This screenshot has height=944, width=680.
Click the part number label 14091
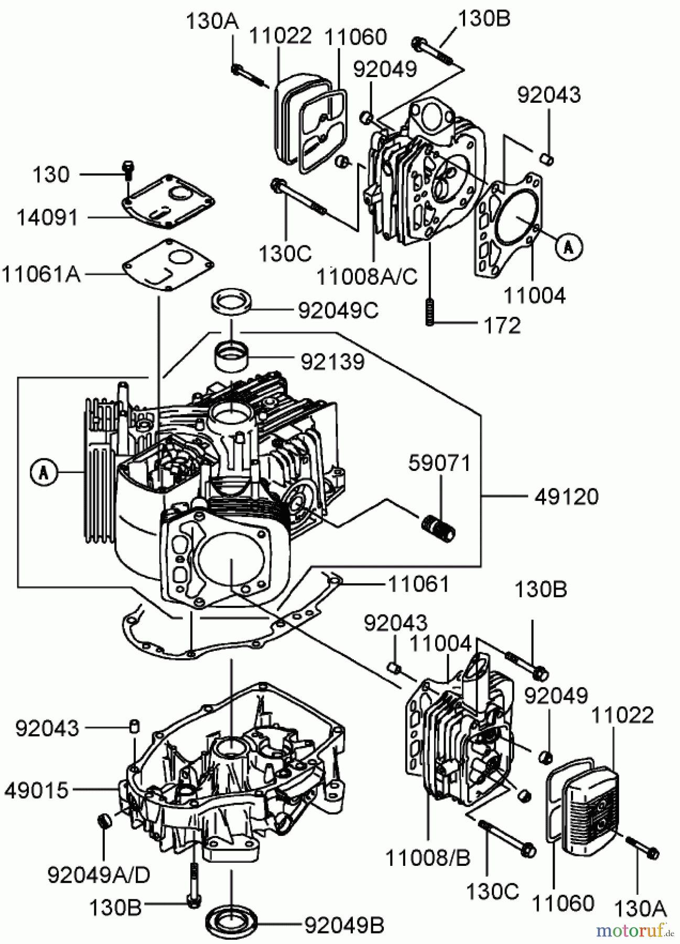[x=47, y=217]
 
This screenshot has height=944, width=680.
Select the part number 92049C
[x=338, y=310]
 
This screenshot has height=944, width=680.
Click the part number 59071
[x=440, y=464]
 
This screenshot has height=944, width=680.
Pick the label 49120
[x=566, y=496]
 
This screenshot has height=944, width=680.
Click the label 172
[x=502, y=325]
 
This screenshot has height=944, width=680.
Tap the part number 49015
[x=36, y=790]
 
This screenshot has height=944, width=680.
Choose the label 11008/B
[x=428, y=858]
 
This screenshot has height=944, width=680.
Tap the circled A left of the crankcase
[x=43, y=473]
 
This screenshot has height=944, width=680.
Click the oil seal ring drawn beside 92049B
[x=231, y=924]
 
